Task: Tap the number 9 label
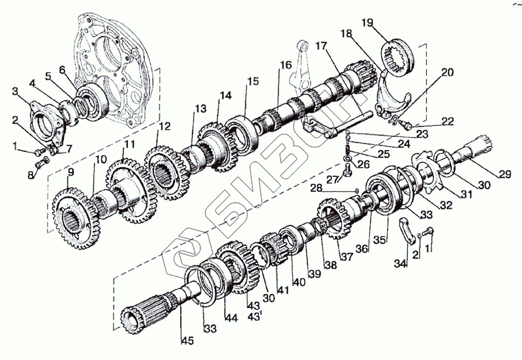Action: pos(70,172)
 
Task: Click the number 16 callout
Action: pos(286,65)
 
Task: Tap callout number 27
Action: pos(331,179)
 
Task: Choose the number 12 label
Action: pos(164,125)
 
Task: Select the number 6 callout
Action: pos(62,70)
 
